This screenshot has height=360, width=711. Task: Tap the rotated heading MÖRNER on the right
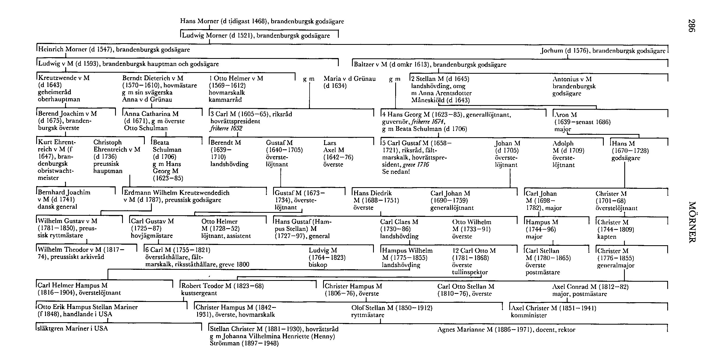click(692, 222)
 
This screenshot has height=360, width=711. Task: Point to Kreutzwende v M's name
click(64, 78)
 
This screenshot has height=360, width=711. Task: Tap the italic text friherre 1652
click(226, 128)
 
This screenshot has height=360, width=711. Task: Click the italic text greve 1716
click(416, 165)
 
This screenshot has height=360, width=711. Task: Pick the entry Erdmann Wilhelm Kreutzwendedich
click(177, 193)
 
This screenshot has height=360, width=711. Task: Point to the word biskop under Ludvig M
click(318, 265)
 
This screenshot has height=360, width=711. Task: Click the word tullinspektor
click(470, 272)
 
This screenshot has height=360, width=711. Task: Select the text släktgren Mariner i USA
click(73, 329)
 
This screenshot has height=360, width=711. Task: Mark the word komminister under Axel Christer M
click(529, 315)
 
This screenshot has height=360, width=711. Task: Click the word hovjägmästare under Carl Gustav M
click(152, 236)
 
